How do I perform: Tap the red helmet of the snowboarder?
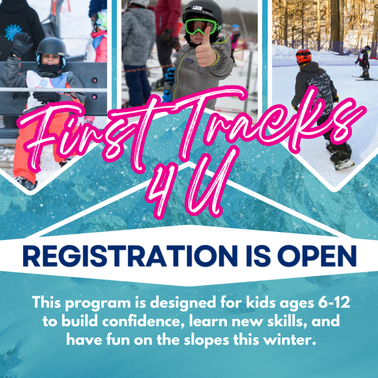click(304, 56)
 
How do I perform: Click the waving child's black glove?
click(21, 44)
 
